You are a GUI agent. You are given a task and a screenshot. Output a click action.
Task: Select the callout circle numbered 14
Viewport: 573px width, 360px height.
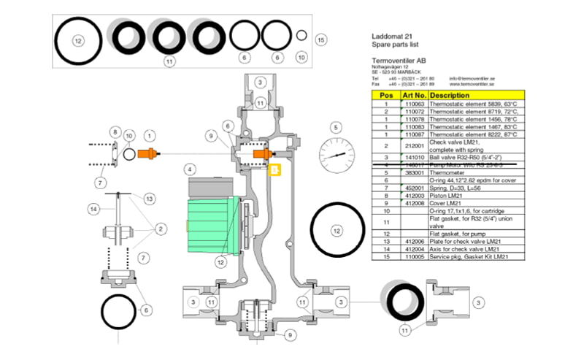click(x=93, y=209)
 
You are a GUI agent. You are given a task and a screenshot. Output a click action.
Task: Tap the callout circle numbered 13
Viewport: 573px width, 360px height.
click(x=149, y=198)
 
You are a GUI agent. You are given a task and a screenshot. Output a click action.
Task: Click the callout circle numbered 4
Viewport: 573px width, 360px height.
click(x=190, y=169)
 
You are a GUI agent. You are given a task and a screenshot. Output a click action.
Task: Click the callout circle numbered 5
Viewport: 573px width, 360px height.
click(x=336, y=127)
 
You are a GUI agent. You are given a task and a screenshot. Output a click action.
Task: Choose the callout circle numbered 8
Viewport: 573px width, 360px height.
click(x=114, y=132)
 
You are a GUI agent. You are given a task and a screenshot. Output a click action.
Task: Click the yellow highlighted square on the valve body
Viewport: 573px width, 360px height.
click(x=274, y=169)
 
